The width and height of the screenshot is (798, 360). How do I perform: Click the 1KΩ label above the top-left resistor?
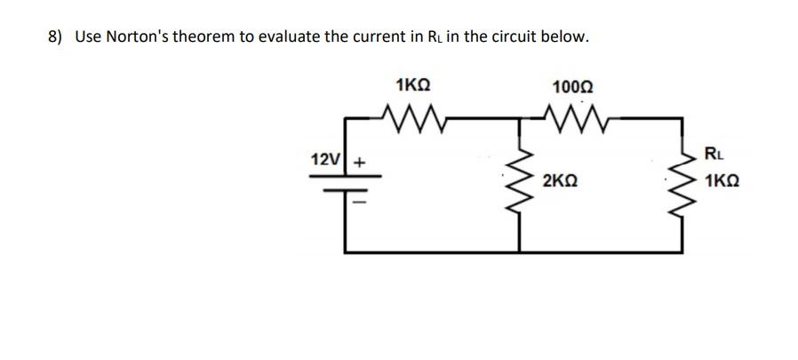click(412, 86)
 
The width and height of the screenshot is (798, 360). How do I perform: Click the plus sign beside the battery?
click(360, 163)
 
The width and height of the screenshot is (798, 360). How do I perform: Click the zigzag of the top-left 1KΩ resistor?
click(411, 115)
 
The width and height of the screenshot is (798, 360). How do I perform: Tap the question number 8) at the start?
click(55, 37)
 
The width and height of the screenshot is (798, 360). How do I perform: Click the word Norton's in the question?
click(138, 37)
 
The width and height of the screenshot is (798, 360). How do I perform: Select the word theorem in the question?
click(207, 37)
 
